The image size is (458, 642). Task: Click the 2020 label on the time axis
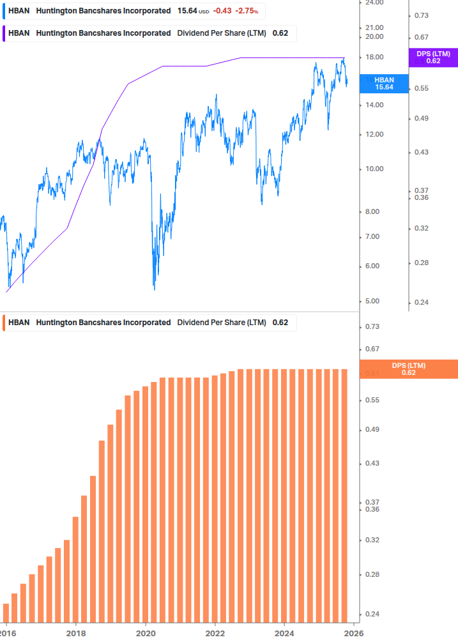pyautogui.click(x=146, y=632)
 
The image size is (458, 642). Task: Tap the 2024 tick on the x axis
pyautogui.click(x=284, y=632)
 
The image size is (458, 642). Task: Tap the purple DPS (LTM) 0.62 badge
pyautogui.click(x=433, y=57)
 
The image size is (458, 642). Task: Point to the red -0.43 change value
pyautogui.click(x=222, y=11)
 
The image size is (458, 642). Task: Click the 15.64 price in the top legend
pyautogui.click(x=187, y=11)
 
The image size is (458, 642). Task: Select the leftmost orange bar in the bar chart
pyautogui.click(x=6, y=612)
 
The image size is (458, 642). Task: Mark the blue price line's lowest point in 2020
pyautogui.click(x=155, y=289)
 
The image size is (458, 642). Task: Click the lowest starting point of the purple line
pyautogui.click(x=6, y=292)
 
